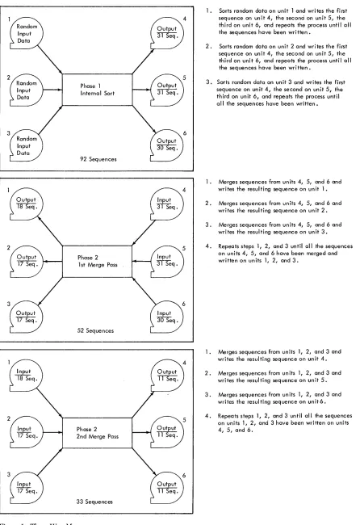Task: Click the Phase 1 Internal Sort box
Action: pos(98,90)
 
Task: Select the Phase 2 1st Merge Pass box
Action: pos(98,262)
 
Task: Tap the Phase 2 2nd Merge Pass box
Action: pos(98,433)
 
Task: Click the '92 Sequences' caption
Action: pos(98,159)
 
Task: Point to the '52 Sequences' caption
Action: pos(95,331)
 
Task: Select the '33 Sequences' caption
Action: pos(94,502)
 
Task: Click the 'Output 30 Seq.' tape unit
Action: pos(166,145)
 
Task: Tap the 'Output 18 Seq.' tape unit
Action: pos(26,204)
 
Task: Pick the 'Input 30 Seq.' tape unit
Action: pos(166,317)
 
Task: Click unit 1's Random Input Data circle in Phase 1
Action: pos(26,33)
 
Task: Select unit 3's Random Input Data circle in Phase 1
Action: pos(26,145)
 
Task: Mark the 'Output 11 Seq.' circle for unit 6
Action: pos(166,488)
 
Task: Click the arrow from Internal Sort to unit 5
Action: pos(141,90)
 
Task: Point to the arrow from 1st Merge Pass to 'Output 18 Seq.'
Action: pos(50,231)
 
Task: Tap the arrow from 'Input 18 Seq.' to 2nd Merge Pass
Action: pos(49,402)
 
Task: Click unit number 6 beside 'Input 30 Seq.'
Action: pos(184,304)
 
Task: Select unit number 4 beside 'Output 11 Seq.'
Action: pos(184,363)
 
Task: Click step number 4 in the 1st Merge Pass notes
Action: pos(208,246)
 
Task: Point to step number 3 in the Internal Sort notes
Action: pos(208,82)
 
